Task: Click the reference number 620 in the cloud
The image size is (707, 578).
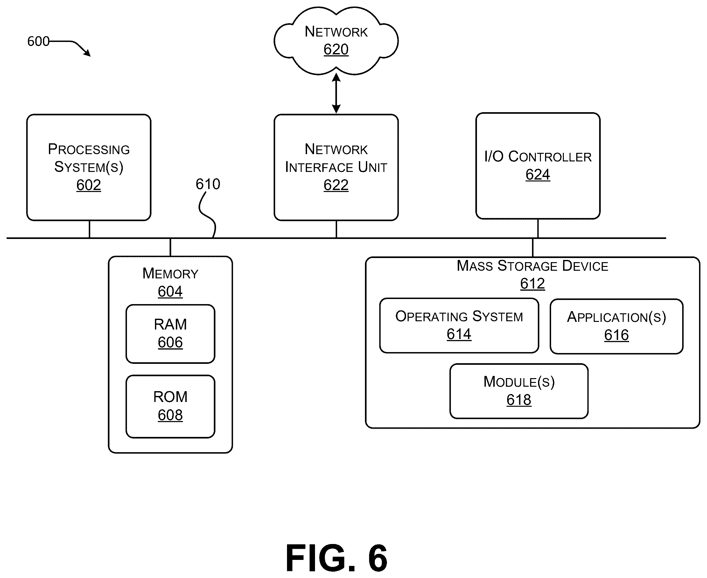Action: point(336,49)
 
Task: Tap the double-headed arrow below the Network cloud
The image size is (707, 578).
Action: point(336,93)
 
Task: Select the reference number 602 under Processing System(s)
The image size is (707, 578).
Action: point(89,185)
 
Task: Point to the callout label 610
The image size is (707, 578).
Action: point(208,184)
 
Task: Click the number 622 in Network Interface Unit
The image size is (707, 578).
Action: point(336,185)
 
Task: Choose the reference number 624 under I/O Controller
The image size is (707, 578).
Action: point(538,174)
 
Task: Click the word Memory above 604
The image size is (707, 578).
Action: point(170,273)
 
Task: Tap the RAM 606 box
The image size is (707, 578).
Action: point(170,334)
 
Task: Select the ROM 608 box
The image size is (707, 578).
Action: point(170,406)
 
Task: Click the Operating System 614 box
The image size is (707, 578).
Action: point(459,325)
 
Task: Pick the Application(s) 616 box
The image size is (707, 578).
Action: point(616,326)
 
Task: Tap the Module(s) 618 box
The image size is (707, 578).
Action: point(519,391)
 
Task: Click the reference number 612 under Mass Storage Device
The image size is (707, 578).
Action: point(532,284)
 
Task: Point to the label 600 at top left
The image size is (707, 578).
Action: point(38,41)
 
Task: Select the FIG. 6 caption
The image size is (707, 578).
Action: point(336,558)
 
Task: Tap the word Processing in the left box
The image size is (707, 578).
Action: point(89,149)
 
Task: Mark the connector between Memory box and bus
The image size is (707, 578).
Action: point(170,247)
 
